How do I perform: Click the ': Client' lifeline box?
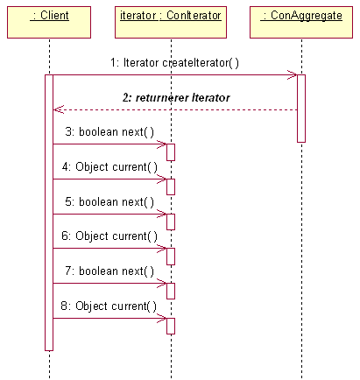coord(49,23)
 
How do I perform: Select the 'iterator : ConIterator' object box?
coord(171,23)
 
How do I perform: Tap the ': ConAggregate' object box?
coord(301,23)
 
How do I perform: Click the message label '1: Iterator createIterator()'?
coord(174,63)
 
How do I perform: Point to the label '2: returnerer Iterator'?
coord(176,97)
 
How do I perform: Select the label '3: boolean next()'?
coord(109,132)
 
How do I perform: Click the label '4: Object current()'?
coord(109,167)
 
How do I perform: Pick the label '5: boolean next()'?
coord(109,201)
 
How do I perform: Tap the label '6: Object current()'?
coord(109,236)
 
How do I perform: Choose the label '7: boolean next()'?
coord(109,271)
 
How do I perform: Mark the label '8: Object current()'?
coord(109,306)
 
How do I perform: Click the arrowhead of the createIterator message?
coord(293,75)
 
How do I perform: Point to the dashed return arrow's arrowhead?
coord(58,109)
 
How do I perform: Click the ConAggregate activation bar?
coord(301,109)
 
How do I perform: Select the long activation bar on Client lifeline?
coord(49,213)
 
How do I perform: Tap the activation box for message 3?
coord(171,152)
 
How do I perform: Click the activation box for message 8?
coord(171,326)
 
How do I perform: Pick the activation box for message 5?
coord(171,222)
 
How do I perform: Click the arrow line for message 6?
coord(109,249)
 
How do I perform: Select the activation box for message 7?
coord(171,291)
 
